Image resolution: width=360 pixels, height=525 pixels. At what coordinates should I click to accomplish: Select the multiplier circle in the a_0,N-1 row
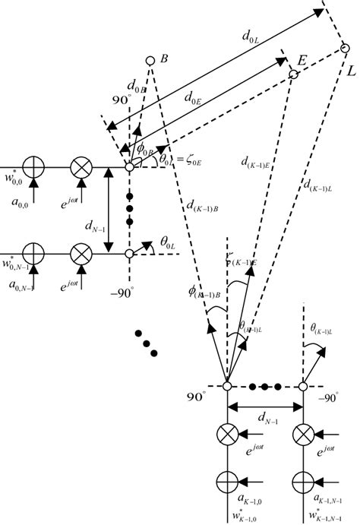coord(81,252)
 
